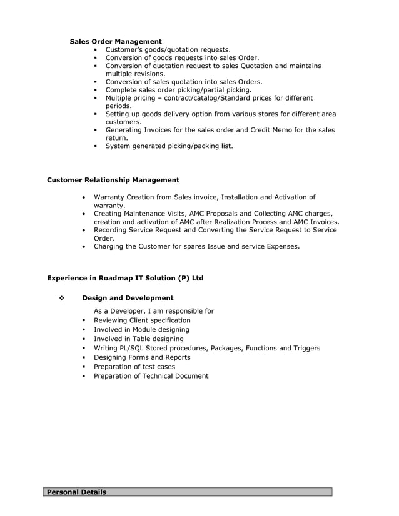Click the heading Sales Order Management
pos(116,41)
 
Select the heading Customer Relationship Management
pos(113,180)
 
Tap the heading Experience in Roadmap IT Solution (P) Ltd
pos(125,278)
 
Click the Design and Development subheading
pos(128,298)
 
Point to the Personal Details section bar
pos(188,492)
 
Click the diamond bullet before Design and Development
pos(61,298)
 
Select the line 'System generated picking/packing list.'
pos(169,146)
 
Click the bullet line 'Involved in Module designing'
pos(141,329)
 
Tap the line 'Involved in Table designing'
pos(138,339)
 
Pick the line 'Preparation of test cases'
pos(134,367)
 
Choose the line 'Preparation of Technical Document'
pos(151,376)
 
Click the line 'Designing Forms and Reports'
pos(142,357)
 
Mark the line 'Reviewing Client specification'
pos(142,320)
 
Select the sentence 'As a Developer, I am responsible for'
pos(154,310)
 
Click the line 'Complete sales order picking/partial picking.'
pos(178,90)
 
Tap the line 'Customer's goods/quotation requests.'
pos(168,49)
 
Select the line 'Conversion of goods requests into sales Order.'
pos(182,57)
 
